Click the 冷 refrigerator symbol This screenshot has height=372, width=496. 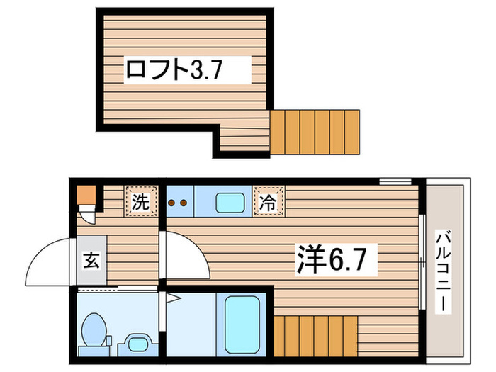click(270, 201)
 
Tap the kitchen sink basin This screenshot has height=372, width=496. click(230, 203)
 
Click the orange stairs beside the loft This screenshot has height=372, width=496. click(315, 132)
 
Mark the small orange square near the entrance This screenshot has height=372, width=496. click(85, 193)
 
